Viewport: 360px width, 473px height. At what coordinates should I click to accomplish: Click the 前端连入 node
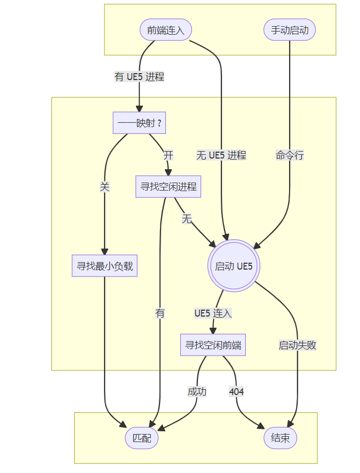(x=166, y=30)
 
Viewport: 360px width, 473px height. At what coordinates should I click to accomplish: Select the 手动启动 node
(x=290, y=30)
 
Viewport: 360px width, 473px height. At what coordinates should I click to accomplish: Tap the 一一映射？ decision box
(x=139, y=123)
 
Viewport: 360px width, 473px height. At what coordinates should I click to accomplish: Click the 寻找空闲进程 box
(x=168, y=187)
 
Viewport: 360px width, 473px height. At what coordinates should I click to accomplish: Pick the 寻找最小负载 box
(x=105, y=266)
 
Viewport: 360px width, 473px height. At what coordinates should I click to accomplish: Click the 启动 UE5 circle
(x=234, y=266)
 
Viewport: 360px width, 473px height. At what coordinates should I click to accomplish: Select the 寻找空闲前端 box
(x=213, y=345)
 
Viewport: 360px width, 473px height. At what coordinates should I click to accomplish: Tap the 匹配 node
(x=141, y=438)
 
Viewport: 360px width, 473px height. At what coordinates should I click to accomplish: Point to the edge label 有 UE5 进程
(x=139, y=77)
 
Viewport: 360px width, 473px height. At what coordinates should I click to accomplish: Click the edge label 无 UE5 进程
(x=221, y=155)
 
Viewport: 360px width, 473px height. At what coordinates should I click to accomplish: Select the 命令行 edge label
(x=290, y=155)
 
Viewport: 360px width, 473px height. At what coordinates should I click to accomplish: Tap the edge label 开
(x=168, y=155)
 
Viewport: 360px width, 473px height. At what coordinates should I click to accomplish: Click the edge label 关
(x=105, y=187)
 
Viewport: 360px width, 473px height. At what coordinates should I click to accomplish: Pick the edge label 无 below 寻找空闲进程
(x=187, y=218)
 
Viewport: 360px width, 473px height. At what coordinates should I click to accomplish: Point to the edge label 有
(x=160, y=313)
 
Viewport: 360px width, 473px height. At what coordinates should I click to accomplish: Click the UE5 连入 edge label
(x=213, y=313)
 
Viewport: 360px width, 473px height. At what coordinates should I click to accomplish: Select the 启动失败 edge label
(x=297, y=345)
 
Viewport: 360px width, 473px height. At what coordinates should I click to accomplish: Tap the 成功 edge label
(x=197, y=391)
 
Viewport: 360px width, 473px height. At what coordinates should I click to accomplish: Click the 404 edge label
(x=236, y=391)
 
